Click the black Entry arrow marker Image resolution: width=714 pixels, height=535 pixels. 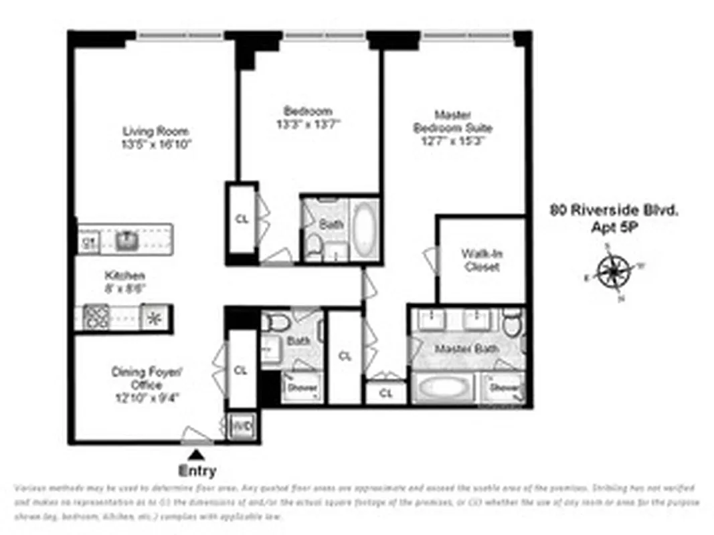click(193, 455)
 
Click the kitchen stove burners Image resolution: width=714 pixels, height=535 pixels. click(97, 317)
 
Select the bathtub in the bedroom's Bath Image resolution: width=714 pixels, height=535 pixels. click(365, 227)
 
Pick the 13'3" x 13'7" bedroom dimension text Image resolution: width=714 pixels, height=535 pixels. click(308, 124)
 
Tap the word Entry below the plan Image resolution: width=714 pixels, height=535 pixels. click(198, 471)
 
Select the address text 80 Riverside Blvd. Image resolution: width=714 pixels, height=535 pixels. click(614, 210)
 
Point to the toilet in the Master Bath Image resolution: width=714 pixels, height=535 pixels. click(513, 324)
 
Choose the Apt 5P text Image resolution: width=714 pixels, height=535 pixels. click(614, 227)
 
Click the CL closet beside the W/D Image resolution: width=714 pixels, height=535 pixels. click(242, 369)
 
